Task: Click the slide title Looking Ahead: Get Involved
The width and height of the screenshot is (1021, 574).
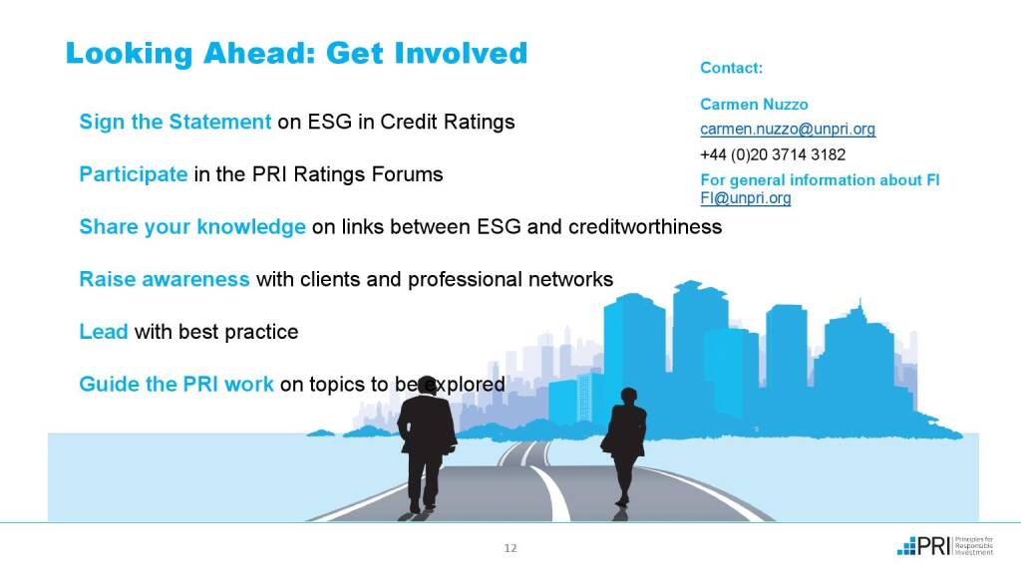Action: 296,54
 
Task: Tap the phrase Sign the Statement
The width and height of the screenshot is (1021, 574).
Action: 175,122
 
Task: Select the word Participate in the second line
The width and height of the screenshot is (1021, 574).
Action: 134,174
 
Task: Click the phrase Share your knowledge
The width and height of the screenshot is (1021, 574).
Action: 192,227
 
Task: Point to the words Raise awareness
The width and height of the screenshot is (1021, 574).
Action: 165,279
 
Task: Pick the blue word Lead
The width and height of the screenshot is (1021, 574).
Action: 104,332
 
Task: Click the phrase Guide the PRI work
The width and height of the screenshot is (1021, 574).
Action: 176,384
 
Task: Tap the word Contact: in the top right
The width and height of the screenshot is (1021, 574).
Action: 731,68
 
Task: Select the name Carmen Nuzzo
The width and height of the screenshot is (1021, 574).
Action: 754,104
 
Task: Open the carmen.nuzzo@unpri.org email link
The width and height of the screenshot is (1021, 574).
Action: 788,129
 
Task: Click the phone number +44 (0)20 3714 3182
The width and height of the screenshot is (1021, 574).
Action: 773,154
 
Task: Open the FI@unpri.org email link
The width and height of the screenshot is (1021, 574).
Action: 746,198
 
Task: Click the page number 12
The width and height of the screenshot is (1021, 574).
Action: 510,548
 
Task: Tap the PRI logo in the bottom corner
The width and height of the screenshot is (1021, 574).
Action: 945,546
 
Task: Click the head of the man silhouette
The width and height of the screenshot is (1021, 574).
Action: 427,386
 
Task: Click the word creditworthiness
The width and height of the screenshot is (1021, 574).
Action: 645,226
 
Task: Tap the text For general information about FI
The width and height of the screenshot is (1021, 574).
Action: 820,180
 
